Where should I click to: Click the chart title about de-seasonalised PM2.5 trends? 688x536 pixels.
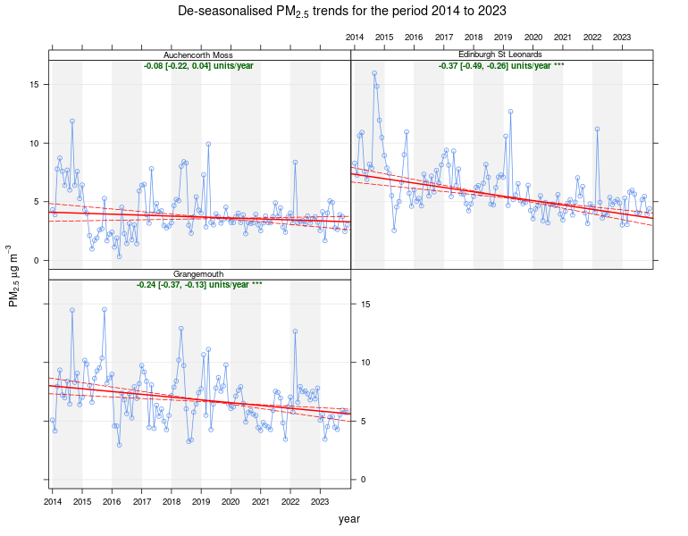pyautogui.click(x=343, y=12)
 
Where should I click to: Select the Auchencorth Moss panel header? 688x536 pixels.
pyautogui.click(x=198, y=54)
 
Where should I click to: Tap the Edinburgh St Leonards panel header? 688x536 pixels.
pyautogui.click(x=501, y=54)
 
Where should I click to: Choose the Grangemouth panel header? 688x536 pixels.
pyautogui.click(x=198, y=274)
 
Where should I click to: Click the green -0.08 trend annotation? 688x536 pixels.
pyautogui.click(x=198, y=66)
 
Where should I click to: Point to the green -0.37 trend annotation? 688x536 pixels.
pyautogui.click(x=501, y=66)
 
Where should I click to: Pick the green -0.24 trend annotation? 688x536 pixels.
pyautogui.click(x=198, y=285)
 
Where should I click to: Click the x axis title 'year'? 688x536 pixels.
pyautogui.click(x=349, y=518)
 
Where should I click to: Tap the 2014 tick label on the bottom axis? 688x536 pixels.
pyautogui.click(x=52, y=503)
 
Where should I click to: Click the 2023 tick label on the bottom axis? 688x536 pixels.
pyautogui.click(x=320, y=503)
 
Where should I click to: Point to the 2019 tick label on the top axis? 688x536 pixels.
pyautogui.click(x=503, y=37)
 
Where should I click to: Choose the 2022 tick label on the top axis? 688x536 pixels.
pyautogui.click(x=592, y=37)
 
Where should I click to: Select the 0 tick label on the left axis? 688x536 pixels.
pyautogui.click(x=34, y=261)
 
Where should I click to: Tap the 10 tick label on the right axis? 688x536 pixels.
pyautogui.click(x=671, y=363)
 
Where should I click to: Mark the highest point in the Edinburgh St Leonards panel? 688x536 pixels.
pyautogui.click(x=374, y=73)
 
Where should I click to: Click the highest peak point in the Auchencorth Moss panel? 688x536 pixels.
pyautogui.click(x=72, y=121)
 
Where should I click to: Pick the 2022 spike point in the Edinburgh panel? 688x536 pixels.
pyautogui.click(x=597, y=129)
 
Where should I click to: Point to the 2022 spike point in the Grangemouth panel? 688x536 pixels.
pyautogui.click(x=295, y=331)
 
